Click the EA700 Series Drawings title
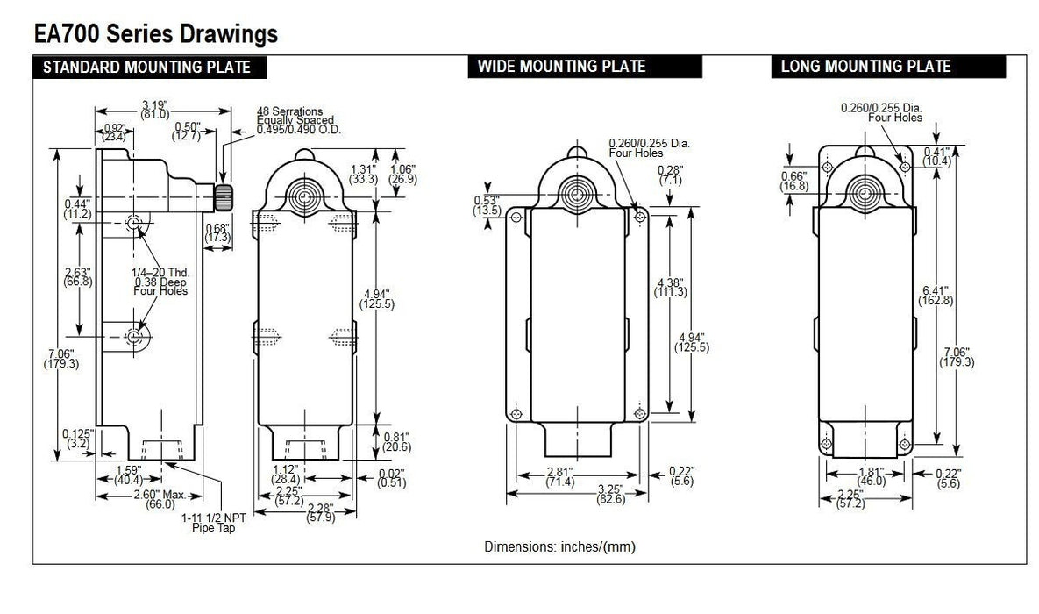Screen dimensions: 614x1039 (x=156, y=33)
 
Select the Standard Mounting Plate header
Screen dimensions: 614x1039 (x=146, y=68)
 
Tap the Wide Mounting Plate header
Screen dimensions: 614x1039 (x=561, y=67)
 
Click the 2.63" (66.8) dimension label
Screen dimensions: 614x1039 (x=79, y=275)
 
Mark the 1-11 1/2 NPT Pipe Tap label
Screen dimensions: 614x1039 (x=214, y=522)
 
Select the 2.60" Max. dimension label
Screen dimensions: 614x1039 (x=160, y=500)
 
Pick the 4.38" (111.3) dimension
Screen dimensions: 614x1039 (x=670, y=287)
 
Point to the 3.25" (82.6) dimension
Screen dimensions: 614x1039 (x=580, y=494)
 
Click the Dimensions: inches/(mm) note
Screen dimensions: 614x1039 (x=559, y=546)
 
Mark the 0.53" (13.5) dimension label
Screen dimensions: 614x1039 (x=486, y=205)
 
